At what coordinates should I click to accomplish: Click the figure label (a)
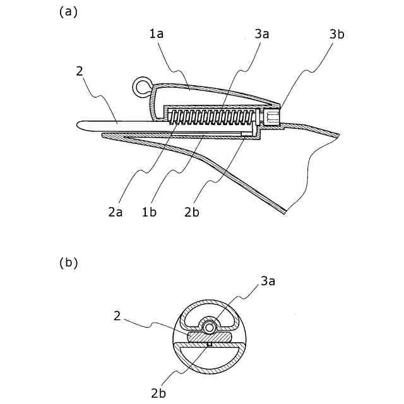[68, 11]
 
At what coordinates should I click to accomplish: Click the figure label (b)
[68, 263]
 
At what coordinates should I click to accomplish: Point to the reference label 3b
[337, 35]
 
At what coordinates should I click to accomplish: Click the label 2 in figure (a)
[80, 71]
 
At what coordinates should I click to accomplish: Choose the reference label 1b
[150, 212]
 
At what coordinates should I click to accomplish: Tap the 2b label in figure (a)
[192, 212]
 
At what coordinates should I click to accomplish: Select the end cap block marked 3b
[272, 117]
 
